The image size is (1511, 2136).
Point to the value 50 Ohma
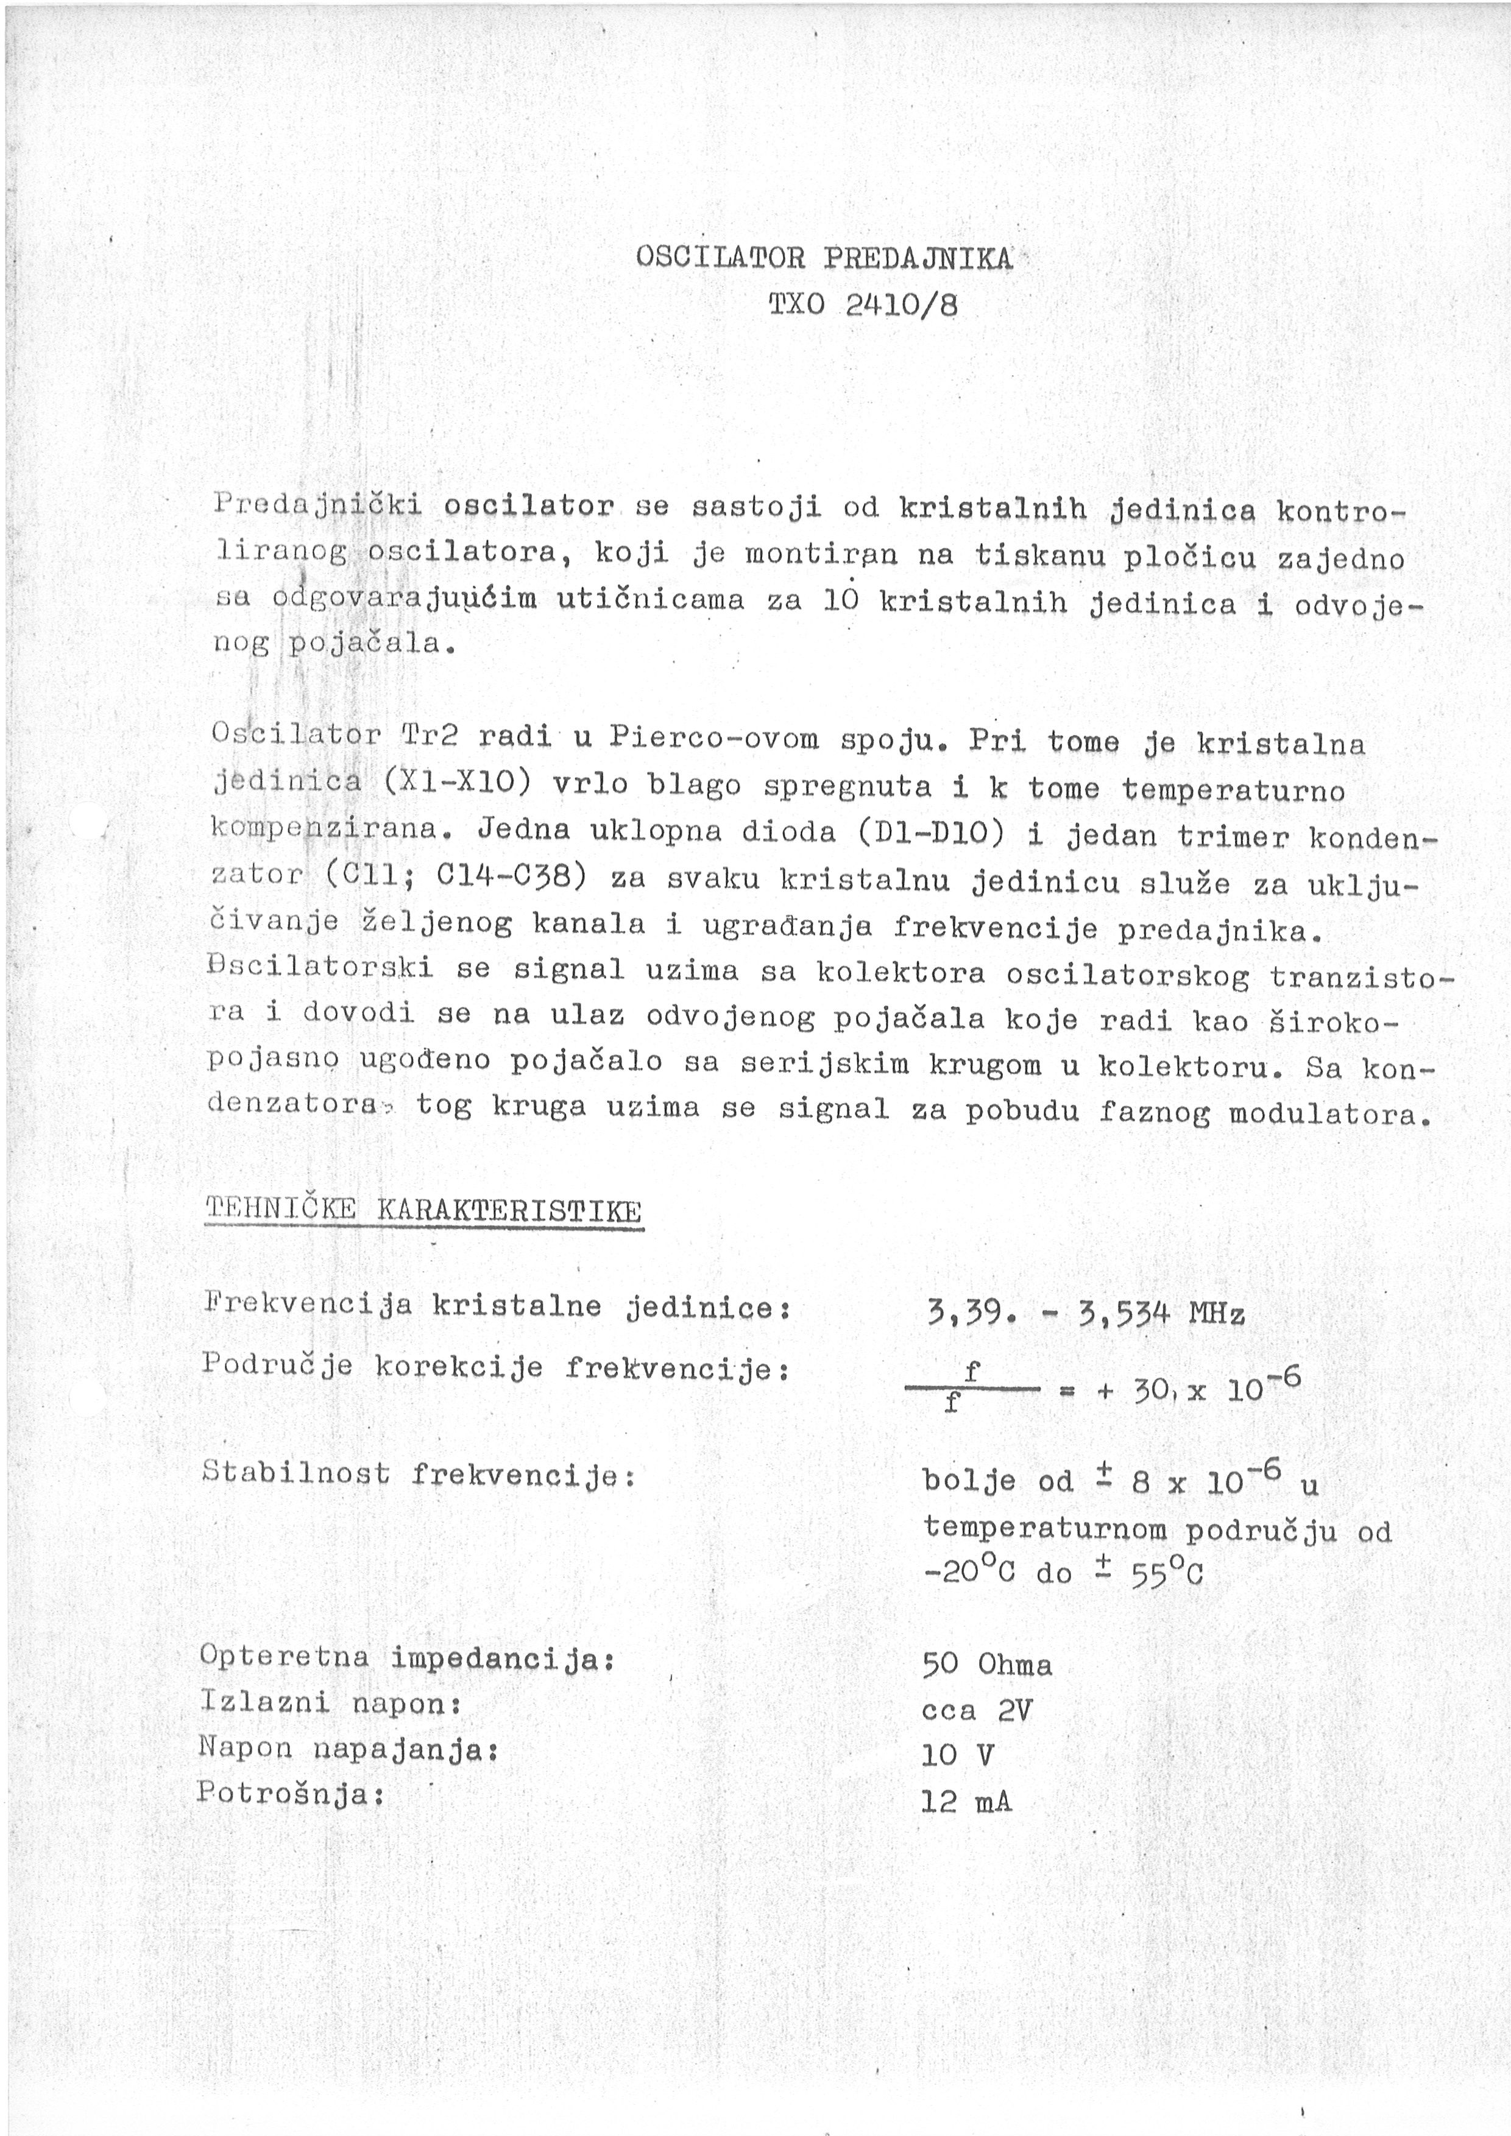(986, 1663)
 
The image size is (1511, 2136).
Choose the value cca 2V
(976, 1710)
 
